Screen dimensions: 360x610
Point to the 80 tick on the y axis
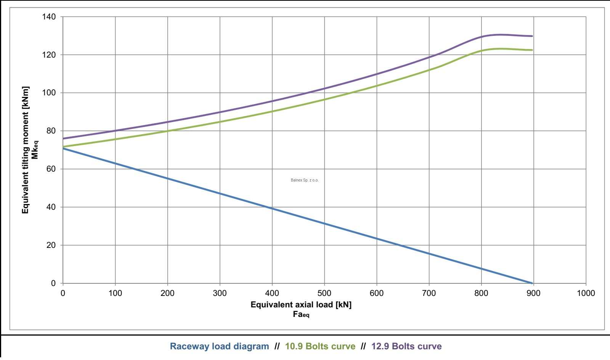(51, 131)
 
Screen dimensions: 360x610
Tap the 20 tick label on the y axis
(51, 245)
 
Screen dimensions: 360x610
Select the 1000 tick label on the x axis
(586, 293)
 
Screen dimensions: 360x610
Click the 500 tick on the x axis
(324, 293)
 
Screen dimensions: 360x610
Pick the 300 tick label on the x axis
(220, 293)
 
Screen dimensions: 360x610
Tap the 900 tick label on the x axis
(533, 293)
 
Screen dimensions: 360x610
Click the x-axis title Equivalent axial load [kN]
(301, 304)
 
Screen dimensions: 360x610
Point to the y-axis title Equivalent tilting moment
(26, 150)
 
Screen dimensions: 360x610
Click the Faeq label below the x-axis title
(301, 315)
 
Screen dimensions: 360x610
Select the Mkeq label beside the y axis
(35, 150)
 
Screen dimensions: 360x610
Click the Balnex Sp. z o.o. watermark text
(304, 180)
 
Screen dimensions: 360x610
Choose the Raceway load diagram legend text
(219, 346)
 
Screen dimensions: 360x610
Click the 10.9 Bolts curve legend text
(320, 346)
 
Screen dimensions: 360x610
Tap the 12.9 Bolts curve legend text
(406, 346)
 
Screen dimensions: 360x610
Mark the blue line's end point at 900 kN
(532, 283)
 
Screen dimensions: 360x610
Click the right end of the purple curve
(532, 36)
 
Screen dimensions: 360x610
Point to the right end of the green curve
(532, 50)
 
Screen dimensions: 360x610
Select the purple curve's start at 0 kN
(63, 138)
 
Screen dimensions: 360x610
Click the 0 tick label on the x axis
(63, 293)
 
